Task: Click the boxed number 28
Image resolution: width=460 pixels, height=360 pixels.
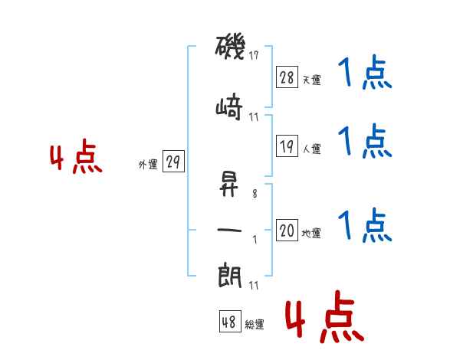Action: coord(287,77)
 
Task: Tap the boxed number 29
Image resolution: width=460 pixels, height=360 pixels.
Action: coord(173,162)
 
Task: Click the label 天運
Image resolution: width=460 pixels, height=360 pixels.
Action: coord(311,80)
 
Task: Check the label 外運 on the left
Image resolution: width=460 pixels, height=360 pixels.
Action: coord(147,165)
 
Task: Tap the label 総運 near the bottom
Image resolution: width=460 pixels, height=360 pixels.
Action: coord(255,325)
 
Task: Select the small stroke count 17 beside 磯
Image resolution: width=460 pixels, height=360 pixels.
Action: coord(255,54)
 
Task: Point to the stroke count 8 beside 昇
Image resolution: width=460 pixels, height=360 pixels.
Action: coord(255,195)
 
